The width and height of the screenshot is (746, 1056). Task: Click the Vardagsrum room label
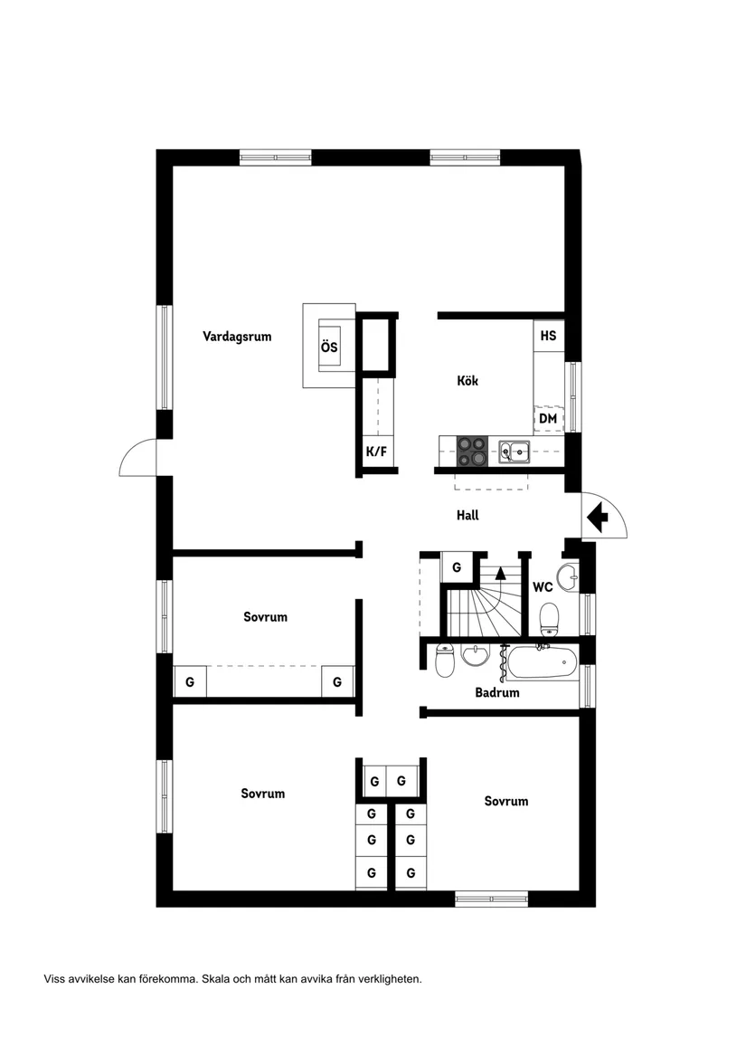(237, 337)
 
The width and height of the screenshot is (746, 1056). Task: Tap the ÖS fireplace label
(329, 347)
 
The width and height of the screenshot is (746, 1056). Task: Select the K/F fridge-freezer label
(375, 452)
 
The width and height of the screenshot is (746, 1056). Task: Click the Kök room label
(467, 381)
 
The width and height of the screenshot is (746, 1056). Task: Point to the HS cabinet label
(548, 335)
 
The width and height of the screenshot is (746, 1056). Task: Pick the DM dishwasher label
(547, 419)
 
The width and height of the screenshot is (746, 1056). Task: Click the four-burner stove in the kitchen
(471, 451)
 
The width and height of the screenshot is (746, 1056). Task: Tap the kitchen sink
(514, 450)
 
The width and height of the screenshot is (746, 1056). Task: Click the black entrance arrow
(597, 518)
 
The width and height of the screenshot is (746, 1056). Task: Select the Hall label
(467, 516)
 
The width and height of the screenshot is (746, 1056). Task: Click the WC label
(543, 587)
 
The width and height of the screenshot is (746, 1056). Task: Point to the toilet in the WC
(549, 620)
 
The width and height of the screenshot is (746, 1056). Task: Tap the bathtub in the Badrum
(541, 665)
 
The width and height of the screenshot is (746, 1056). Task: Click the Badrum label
(497, 693)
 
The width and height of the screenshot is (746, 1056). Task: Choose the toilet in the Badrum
(444, 663)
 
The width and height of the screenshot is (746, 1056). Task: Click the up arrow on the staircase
(501, 572)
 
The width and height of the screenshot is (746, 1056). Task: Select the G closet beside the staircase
(457, 567)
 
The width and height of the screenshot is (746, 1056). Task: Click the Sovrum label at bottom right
(505, 801)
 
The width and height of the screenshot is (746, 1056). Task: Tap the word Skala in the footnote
(215, 978)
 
